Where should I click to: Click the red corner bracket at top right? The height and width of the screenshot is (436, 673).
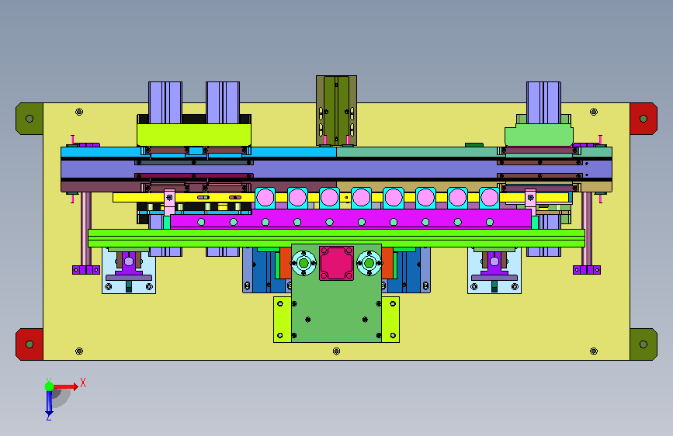(644, 119)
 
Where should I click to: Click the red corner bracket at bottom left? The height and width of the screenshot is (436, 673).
(29, 344)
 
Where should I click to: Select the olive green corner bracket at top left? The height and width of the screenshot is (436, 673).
(29, 119)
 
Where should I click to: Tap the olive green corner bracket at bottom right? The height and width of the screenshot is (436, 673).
(644, 344)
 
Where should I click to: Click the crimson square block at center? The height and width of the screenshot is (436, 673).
(337, 263)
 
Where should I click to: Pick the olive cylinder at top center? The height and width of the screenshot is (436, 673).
(337, 111)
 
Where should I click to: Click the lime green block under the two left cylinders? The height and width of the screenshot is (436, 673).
(194, 135)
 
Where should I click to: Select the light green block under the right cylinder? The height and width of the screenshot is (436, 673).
(539, 135)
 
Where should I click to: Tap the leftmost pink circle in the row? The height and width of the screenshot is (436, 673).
(265, 198)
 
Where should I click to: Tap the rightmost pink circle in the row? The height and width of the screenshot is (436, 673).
(489, 198)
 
